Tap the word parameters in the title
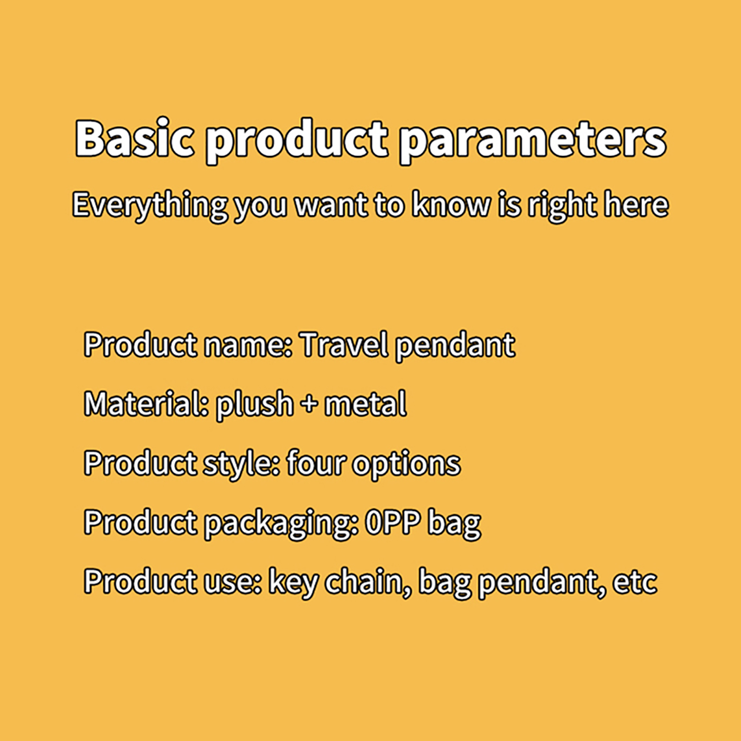tap(533, 141)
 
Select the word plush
tap(255, 405)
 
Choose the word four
tap(315, 463)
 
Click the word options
tap(406, 465)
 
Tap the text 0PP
tap(393, 522)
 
